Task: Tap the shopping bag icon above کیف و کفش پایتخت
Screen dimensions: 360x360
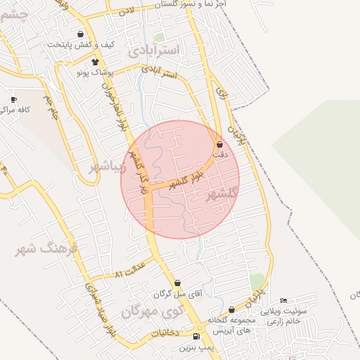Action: pos(81,34)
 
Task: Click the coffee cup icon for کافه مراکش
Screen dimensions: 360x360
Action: pos(13,100)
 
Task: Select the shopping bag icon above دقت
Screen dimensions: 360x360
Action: pos(220,144)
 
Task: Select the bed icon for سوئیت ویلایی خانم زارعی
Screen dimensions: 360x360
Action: pos(283,301)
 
